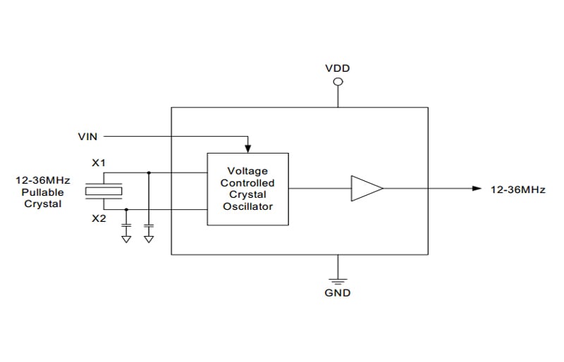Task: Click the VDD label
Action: click(x=338, y=68)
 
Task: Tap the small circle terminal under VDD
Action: click(x=338, y=82)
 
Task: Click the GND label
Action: click(x=338, y=292)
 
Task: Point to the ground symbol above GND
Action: click(x=338, y=281)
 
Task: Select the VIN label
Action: click(x=87, y=137)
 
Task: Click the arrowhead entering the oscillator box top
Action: click(x=248, y=149)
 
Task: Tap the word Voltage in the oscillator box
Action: click(x=247, y=170)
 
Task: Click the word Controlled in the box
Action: click(x=247, y=182)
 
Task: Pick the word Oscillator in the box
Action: click(x=248, y=206)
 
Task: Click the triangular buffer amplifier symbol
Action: click(x=367, y=188)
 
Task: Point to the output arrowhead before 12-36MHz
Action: click(x=477, y=188)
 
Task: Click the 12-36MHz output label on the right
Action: click(x=518, y=189)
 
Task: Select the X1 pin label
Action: click(x=99, y=163)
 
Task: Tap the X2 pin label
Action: click(x=99, y=218)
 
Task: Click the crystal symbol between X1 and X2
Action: click(x=104, y=191)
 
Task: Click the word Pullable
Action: click(x=42, y=192)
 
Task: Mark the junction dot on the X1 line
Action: click(x=149, y=173)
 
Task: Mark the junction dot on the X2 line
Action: click(x=126, y=209)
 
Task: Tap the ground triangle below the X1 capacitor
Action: click(x=149, y=239)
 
